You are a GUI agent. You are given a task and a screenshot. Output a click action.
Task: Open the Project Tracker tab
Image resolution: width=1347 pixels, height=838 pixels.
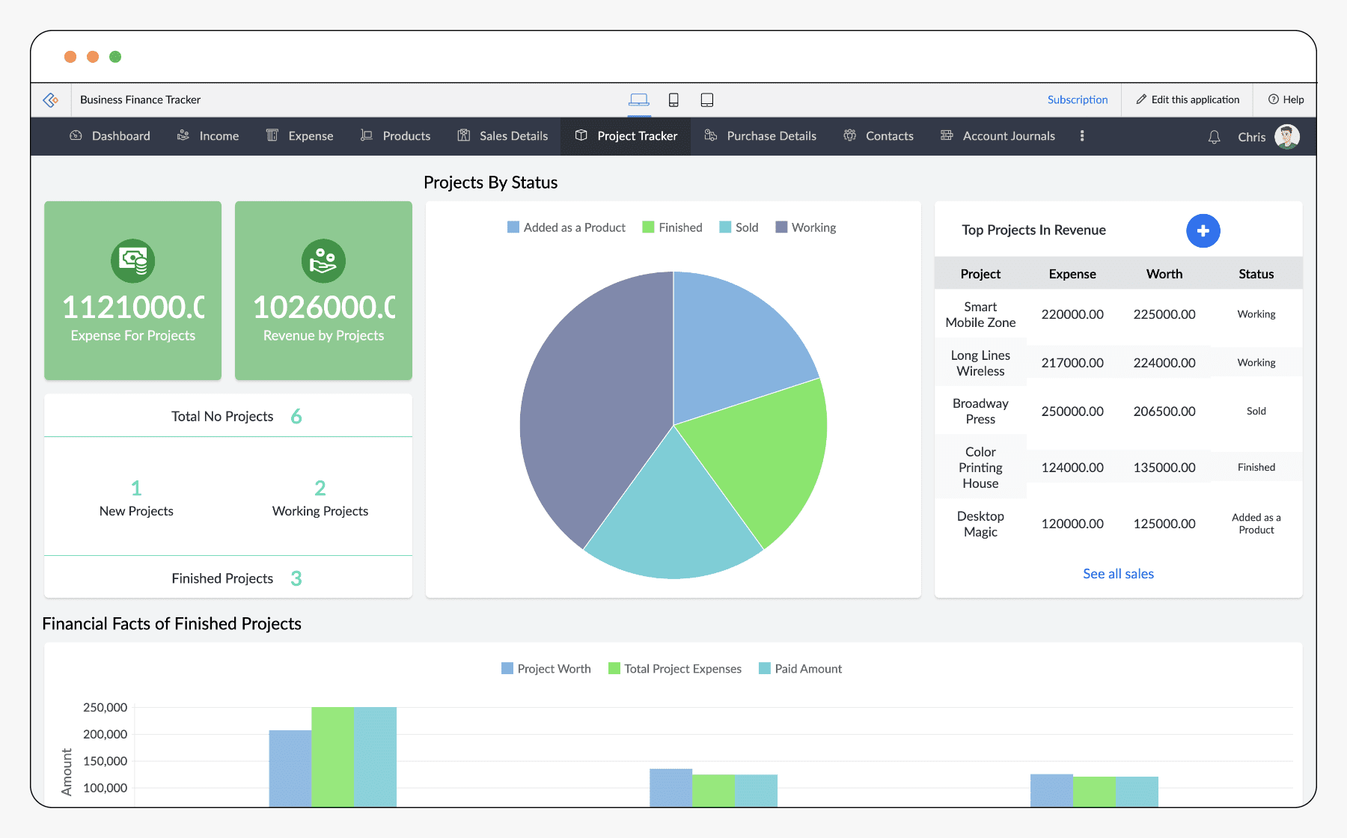coord(626,136)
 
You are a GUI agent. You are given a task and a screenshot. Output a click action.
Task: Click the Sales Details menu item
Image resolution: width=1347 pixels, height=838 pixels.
coord(504,136)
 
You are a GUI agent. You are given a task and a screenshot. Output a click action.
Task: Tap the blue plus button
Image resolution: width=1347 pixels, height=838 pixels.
coord(1203,230)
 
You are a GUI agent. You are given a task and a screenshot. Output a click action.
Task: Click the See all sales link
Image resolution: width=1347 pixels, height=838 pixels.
coord(1118,574)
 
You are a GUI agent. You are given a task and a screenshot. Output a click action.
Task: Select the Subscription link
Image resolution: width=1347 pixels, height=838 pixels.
coord(1077,100)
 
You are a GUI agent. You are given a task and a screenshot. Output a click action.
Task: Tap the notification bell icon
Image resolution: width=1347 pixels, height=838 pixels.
coord(1214,137)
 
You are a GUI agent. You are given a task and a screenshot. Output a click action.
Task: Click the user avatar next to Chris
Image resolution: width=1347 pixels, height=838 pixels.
coord(1287,137)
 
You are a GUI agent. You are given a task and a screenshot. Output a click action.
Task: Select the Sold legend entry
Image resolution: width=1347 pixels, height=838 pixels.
coord(739,227)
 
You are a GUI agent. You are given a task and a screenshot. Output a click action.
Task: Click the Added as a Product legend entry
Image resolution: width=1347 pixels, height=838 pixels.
coord(566,227)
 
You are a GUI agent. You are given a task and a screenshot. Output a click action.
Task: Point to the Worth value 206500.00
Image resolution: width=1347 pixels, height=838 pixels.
coord(1164,412)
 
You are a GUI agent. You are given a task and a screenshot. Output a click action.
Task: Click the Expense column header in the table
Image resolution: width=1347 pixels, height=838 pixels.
coord(1072,274)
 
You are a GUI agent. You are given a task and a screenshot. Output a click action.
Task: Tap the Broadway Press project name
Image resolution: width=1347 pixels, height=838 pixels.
coord(980,412)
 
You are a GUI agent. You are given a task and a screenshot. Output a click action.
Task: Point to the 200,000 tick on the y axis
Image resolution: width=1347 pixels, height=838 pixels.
coord(105,735)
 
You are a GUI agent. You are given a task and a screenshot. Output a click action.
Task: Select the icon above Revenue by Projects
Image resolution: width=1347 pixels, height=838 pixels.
coord(323,261)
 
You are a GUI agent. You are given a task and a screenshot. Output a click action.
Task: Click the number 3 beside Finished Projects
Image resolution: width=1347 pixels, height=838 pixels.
coord(296,578)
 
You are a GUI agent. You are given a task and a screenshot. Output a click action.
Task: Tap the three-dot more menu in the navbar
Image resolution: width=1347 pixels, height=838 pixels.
coord(1081,136)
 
